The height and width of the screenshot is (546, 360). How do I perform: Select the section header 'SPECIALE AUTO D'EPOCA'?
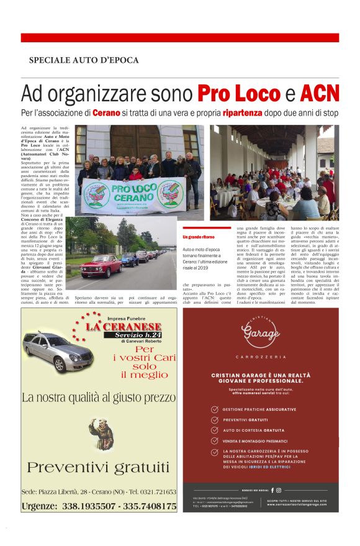[x=84, y=60]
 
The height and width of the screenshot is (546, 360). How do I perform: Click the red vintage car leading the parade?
[x=101, y=265]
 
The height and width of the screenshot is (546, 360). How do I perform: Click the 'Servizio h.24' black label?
[x=132, y=335]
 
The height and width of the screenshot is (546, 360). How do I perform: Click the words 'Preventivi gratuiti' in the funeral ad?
[x=98, y=466]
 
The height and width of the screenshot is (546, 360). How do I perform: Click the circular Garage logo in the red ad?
[x=261, y=335]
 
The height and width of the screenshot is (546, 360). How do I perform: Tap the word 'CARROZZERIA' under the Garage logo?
[x=261, y=357]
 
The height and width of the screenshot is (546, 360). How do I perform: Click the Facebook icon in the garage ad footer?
[x=272, y=490]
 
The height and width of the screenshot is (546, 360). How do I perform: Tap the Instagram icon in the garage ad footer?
[x=279, y=490]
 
